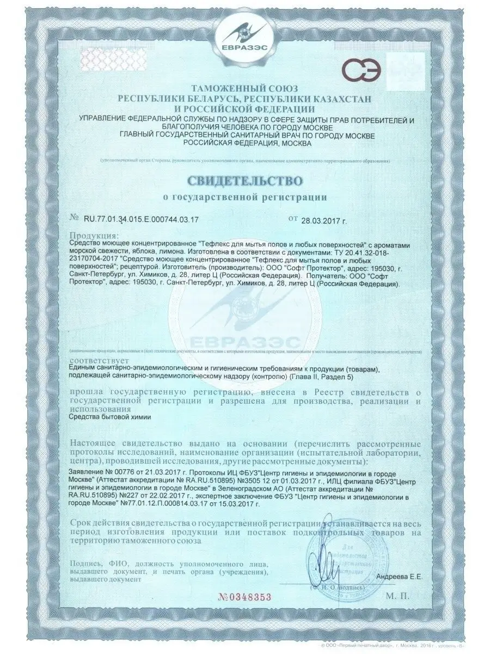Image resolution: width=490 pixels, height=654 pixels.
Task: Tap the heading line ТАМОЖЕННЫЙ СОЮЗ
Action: tap(244, 89)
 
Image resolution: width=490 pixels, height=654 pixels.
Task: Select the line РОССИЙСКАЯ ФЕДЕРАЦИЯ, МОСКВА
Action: tap(244, 143)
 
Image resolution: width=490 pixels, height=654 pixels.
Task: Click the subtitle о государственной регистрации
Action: tap(244, 197)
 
